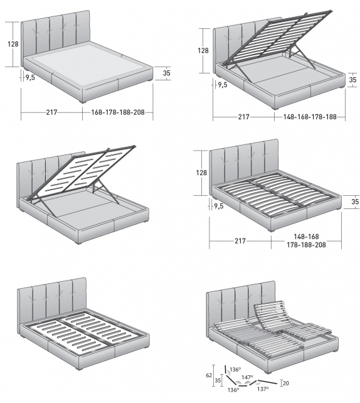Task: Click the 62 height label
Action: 209,375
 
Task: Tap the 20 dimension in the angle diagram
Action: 285,383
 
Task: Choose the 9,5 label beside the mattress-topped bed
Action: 29,78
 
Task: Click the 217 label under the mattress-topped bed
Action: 51,113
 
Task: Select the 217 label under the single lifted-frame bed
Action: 243,117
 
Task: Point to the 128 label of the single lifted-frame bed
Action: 204,50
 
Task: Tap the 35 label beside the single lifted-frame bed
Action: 352,80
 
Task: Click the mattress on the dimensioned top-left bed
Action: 88,63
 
